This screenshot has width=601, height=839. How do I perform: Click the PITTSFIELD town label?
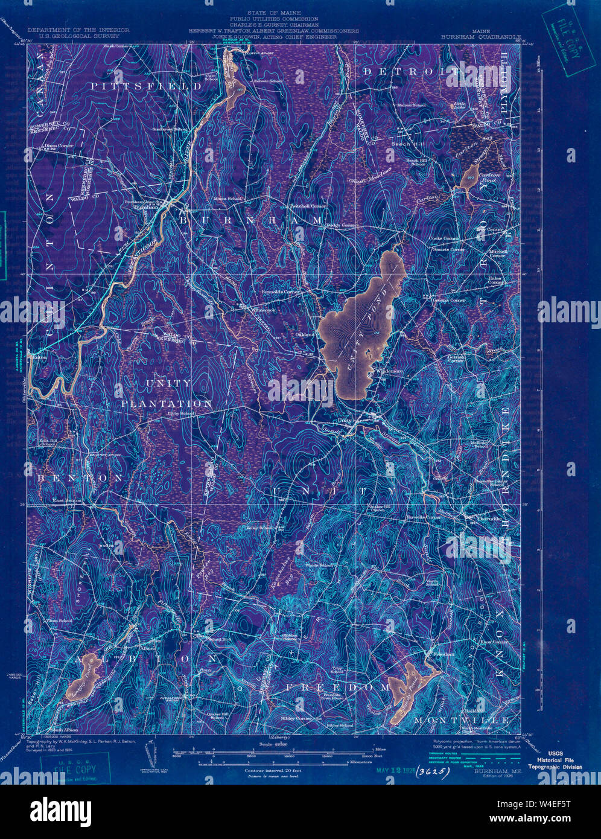tap(147, 86)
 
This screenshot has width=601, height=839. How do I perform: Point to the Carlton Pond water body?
tap(469, 176)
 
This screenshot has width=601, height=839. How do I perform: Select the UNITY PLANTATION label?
tap(167, 393)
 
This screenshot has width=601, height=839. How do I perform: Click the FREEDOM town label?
tap(337, 687)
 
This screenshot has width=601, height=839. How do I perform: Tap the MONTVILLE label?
tap(462, 721)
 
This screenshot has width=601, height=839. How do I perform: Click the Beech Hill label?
tap(402, 145)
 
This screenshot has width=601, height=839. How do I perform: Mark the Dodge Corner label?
tap(342, 225)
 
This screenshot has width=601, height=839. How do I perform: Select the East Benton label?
tap(66, 500)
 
